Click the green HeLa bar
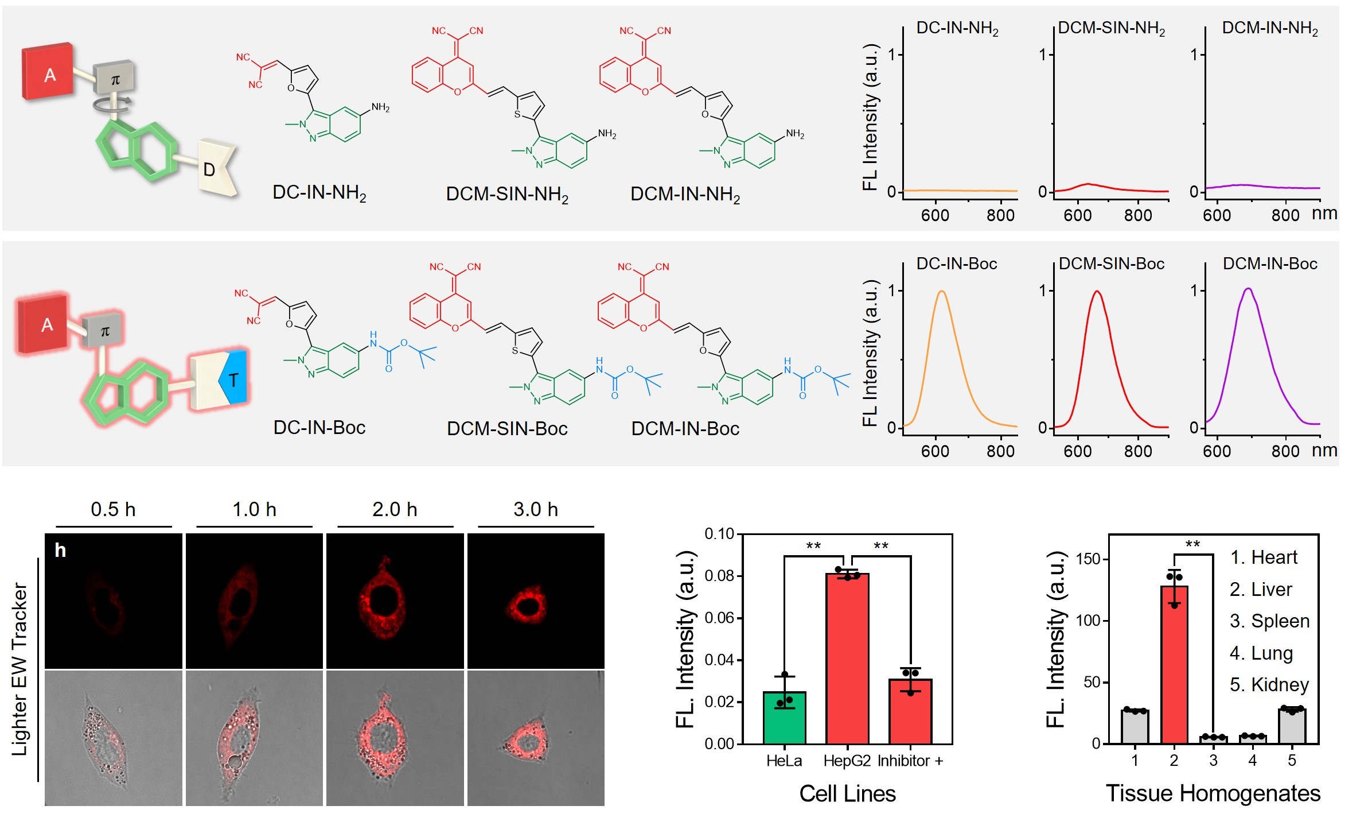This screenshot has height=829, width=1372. pyautogui.click(x=784, y=718)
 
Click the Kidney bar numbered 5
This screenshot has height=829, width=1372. pyautogui.click(x=1292, y=726)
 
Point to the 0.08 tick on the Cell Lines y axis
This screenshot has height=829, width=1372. pyautogui.click(x=720, y=576)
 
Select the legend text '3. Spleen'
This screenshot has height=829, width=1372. pyautogui.click(x=1269, y=621)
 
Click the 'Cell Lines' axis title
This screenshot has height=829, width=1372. pyautogui.click(x=847, y=793)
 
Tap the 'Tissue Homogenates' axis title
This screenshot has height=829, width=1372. pyautogui.click(x=1213, y=793)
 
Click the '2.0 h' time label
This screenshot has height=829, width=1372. pyautogui.click(x=395, y=509)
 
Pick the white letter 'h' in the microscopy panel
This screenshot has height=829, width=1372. pyautogui.click(x=60, y=551)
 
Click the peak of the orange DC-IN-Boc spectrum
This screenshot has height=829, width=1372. pyautogui.click(x=942, y=292)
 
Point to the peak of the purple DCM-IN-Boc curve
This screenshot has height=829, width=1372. pyautogui.click(x=1249, y=289)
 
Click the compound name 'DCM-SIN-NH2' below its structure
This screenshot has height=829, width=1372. pyautogui.click(x=507, y=195)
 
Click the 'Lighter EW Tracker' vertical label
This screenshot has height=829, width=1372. pyautogui.click(x=20, y=669)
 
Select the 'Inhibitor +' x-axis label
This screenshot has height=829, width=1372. pyautogui.click(x=910, y=761)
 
